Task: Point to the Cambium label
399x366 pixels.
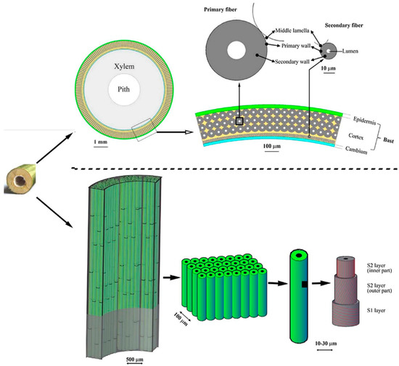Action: [x=356, y=151]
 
